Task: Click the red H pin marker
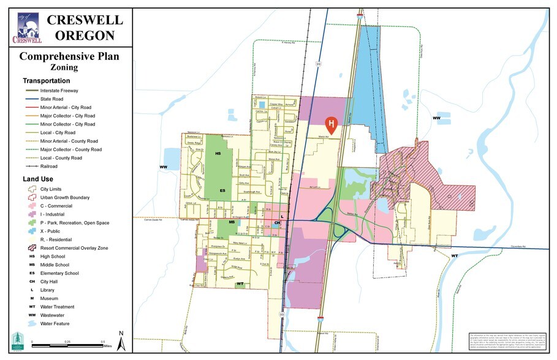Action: click(x=332, y=125)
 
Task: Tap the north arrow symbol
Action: click(x=121, y=340)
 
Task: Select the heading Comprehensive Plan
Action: click(x=69, y=57)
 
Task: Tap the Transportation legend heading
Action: click(x=46, y=81)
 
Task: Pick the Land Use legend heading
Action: click(x=38, y=179)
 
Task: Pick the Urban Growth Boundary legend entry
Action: click(x=64, y=198)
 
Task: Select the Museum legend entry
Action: click(x=49, y=298)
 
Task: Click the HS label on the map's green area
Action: click(x=218, y=153)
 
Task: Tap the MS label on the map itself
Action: click(x=232, y=222)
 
